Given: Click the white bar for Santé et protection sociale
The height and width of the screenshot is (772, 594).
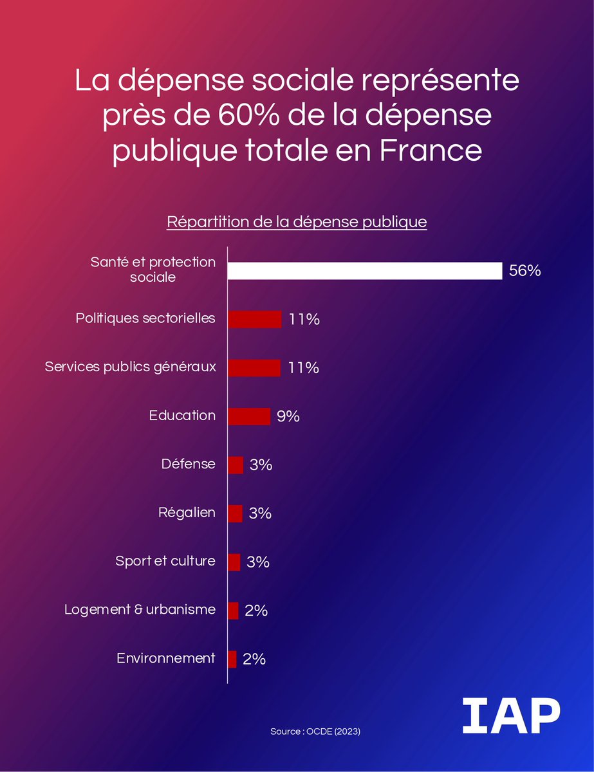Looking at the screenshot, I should point(365,271).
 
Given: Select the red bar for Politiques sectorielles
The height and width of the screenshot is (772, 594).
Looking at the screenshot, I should point(255,319).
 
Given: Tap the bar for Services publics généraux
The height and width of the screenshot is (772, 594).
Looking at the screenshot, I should point(254,368).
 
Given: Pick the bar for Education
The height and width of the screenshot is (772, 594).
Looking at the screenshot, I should point(249,416).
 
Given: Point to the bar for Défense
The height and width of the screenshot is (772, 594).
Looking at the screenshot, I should point(236,464).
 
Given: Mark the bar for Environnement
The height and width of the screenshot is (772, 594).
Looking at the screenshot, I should point(232,659).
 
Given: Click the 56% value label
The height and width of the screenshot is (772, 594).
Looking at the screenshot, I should point(524,271).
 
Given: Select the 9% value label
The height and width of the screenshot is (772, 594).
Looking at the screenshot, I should point(288,416).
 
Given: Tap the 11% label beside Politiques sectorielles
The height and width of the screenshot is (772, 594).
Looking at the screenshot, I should point(304,319).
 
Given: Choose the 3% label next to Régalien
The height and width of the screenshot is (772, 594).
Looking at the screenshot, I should point(260,513).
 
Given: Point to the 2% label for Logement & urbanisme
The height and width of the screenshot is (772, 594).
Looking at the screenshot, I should point(256,611).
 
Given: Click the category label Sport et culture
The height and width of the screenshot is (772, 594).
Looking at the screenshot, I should point(165,561).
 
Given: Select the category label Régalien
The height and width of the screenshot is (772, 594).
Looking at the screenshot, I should point(187,513).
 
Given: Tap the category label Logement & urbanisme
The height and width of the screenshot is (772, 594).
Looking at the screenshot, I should point(140,610).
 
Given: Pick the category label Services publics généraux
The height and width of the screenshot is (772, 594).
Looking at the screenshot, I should point(130,367).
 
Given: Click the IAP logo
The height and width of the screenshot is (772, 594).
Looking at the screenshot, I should point(510,715).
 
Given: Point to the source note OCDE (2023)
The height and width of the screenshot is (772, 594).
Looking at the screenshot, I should point(315,732).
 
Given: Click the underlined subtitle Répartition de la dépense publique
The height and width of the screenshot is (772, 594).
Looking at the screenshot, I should point(297,222).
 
